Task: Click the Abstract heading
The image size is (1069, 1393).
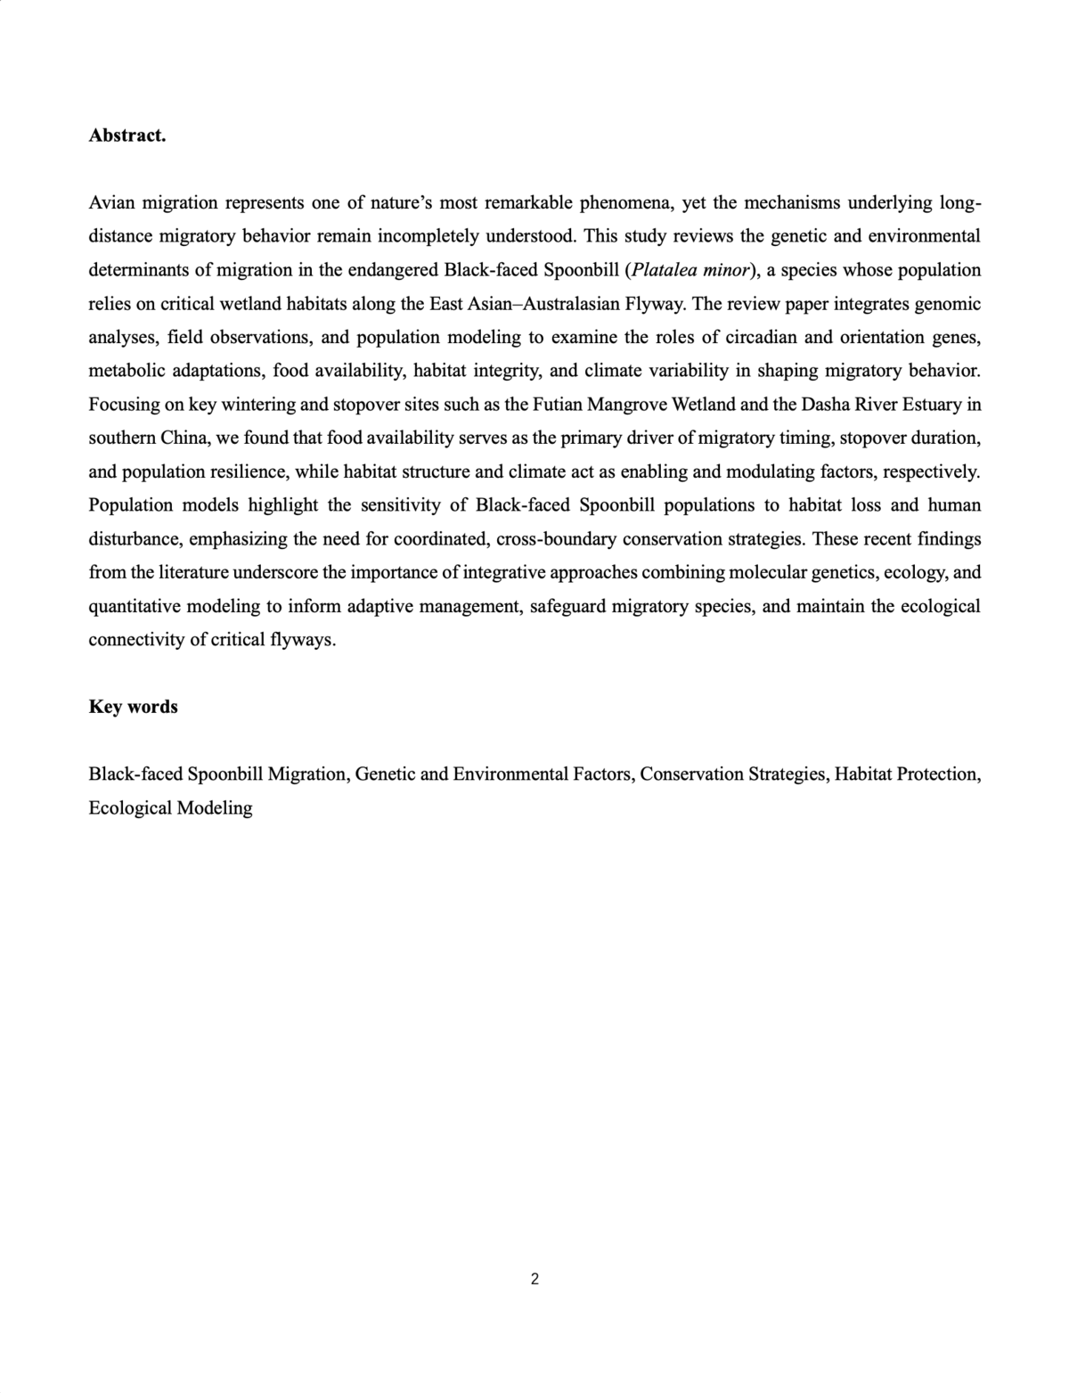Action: tap(127, 135)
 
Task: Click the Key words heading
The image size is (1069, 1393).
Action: tap(133, 707)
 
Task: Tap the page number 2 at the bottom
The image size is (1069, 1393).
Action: tap(534, 1280)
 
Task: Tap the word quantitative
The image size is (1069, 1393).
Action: tap(136, 607)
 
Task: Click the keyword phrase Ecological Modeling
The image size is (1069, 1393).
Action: tap(170, 808)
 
